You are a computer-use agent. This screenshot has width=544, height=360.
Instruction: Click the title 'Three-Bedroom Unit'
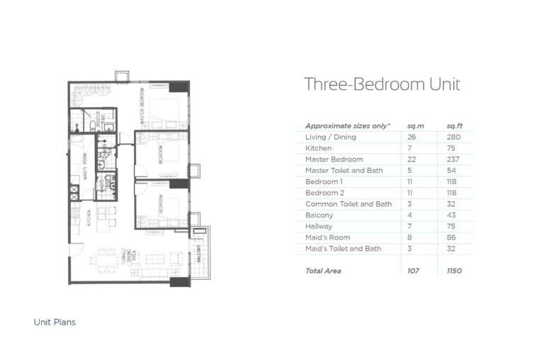[x=382, y=84]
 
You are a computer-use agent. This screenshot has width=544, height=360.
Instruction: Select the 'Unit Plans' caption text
[x=55, y=322]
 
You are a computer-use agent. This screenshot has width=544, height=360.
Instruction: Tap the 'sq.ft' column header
[x=454, y=125]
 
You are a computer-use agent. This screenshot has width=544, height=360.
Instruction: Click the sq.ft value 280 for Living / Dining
[x=453, y=137]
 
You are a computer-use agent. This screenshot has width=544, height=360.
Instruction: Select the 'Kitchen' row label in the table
[x=318, y=148]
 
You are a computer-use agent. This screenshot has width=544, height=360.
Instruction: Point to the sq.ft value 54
[x=451, y=171]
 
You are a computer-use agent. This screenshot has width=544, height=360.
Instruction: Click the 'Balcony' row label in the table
[x=319, y=215]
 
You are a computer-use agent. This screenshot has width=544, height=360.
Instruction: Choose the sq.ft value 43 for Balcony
[x=451, y=215]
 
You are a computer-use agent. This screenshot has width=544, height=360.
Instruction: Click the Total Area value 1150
[x=454, y=271]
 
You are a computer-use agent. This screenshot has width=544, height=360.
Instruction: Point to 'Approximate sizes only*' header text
[x=347, y=125]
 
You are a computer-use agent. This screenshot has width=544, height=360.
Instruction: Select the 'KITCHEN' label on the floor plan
[x=89, y=217]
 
